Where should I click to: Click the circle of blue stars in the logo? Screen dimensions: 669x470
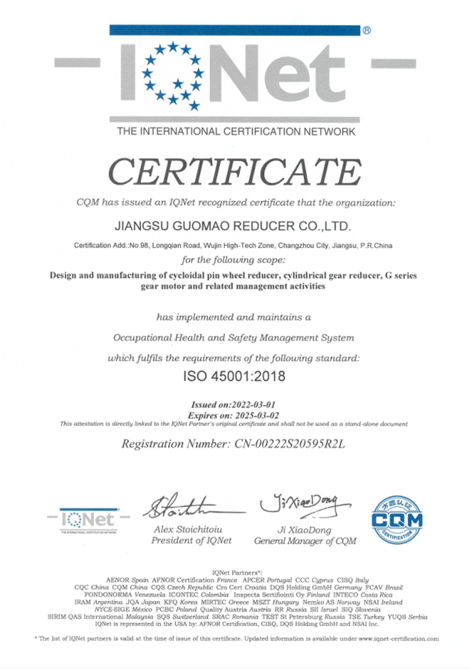click(x=172, y=71)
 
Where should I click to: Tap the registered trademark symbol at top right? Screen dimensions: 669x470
click(x=367, y=31)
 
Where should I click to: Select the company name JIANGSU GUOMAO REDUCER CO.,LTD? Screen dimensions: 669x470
click(x=234, y=226)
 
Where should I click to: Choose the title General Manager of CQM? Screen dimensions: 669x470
click(x=305, y=542)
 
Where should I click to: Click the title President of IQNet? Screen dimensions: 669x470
click(x=192, y=542)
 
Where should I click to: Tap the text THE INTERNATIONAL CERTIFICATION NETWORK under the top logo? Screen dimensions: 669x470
click(x=234, y=132)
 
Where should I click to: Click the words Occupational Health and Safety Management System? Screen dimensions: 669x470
click(x=234, y=337)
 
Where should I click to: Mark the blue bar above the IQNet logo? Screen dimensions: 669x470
click(x=234, y=31)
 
